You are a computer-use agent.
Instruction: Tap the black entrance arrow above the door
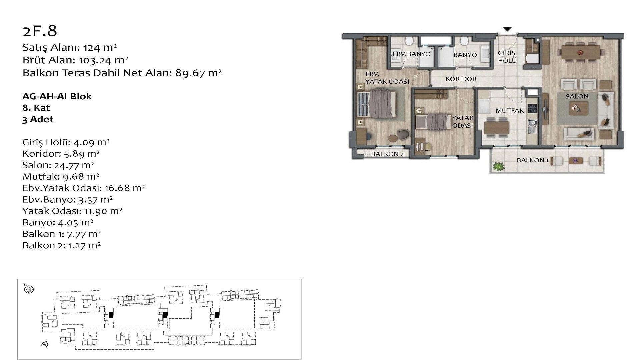tap(507, 29)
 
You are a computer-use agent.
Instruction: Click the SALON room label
tap(577, 96)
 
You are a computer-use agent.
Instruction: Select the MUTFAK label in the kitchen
tap(509, 111)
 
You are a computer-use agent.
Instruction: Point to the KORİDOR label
tap(461, 79)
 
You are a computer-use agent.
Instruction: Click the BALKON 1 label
tap(532, 160)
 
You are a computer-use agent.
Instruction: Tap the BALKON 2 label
tap(387, 154)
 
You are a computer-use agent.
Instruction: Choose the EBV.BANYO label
tap(411, 54)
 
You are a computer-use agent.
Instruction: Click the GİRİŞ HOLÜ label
tap(507, 57)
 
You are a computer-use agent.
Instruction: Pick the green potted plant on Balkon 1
tap(498, 166)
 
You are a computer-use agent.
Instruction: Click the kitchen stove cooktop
tap(532, 108)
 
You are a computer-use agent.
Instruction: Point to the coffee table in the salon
tap(578, 108)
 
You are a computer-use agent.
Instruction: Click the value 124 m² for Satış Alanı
tap(100, 48)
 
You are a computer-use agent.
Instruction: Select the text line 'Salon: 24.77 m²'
tap(58, 165)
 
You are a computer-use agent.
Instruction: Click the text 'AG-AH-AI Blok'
tap(57, 96)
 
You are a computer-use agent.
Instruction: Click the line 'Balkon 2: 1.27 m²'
tap(62, 245)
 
